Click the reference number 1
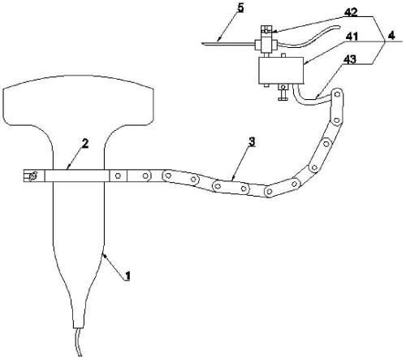point(127,276)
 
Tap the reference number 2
point(85,144)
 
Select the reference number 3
point(252,141)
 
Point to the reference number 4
point(391,36)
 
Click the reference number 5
point(240,8)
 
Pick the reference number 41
point(352,37)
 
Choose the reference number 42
point(351,12)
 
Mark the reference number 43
point(350,59)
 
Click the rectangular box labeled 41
point(281,71)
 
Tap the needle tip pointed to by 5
point(202,43)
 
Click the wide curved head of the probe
point(78,100)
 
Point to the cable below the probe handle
point(79,342)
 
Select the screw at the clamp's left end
point(32,176)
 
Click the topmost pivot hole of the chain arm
point(337,94)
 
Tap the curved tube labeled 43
point(310,99)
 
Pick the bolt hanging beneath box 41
point(283,92)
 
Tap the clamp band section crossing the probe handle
point(77,176)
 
